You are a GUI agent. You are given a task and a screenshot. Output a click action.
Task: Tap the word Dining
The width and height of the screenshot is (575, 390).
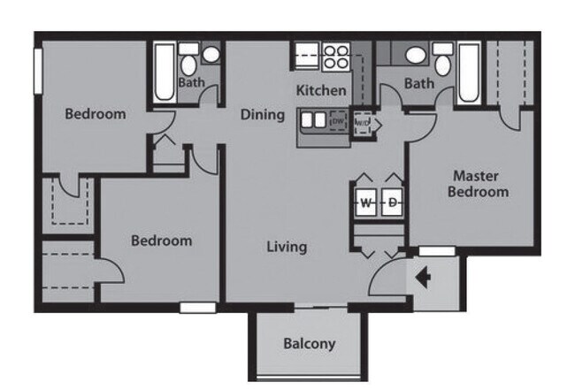(x=263, y=115)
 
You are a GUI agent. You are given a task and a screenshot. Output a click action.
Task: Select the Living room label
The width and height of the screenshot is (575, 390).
(x=287, y=247)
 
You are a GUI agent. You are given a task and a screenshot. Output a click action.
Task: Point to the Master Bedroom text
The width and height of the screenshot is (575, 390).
(x=478, y=183)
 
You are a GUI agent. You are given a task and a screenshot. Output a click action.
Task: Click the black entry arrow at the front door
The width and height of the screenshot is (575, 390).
(x=423, y=279)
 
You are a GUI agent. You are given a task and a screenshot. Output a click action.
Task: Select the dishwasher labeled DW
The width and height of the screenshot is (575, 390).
(x=337, y=120)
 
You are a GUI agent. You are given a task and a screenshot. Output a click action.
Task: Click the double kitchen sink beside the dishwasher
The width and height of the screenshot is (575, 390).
(x=313, y=119)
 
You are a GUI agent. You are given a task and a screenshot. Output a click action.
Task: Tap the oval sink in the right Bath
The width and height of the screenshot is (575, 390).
(x=415, y=55)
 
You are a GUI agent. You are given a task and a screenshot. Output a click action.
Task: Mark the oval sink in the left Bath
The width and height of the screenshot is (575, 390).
(x=211, y=55)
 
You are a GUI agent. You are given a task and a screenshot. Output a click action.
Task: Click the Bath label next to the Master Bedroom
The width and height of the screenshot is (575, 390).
(x=419, y=84)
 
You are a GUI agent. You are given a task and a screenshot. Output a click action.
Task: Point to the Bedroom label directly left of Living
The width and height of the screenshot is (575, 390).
(x=161, y=241)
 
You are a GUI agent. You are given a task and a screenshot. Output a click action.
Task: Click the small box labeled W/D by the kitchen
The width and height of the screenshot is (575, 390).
(x=363, y=122)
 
